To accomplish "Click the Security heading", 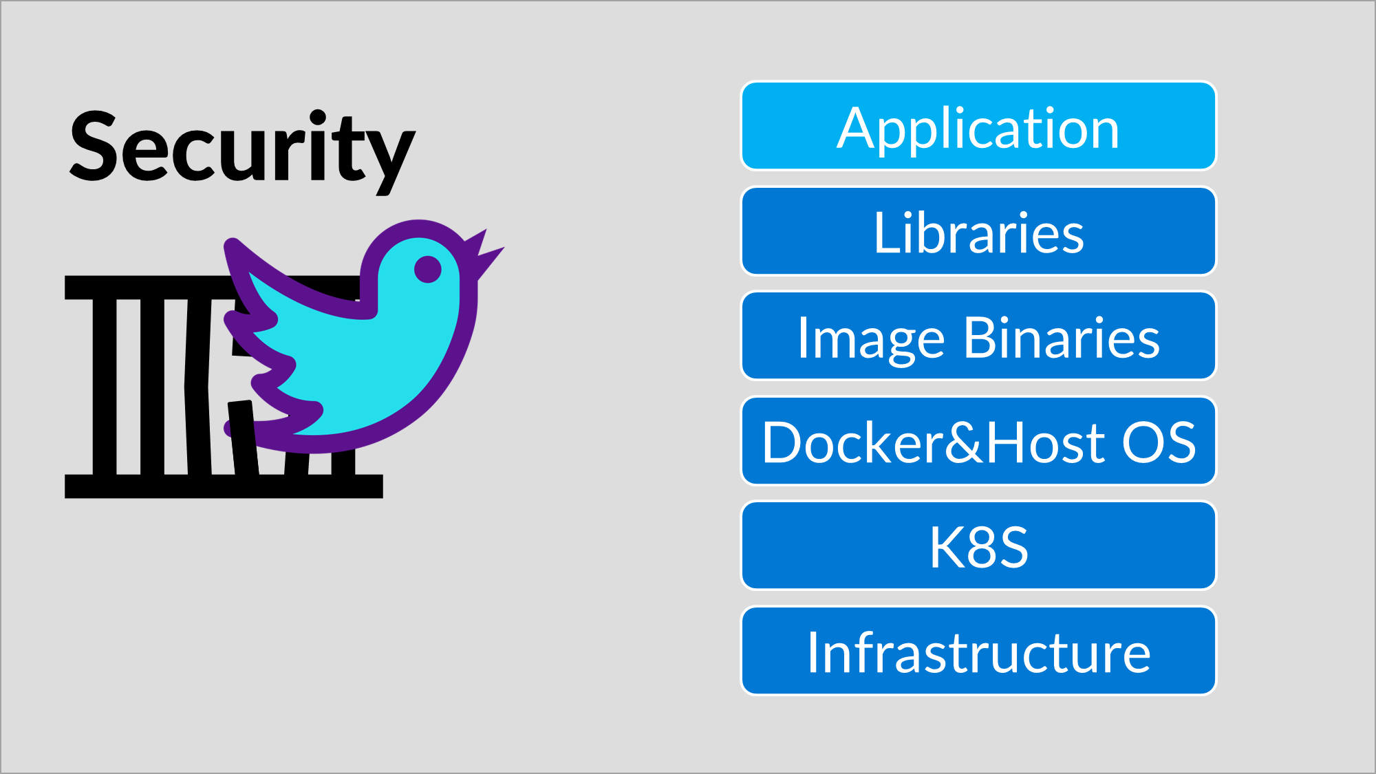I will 242,148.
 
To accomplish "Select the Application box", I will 978,127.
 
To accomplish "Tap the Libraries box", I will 978,232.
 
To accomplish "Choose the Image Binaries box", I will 978,336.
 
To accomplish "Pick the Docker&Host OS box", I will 978,442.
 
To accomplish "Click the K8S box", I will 978,546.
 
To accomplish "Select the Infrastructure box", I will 978,651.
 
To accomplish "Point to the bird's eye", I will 427,269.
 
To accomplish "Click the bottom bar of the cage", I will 224,486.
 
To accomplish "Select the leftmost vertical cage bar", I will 105,385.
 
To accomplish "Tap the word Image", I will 870,338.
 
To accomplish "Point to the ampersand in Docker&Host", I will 963,442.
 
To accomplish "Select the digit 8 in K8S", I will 978,547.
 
